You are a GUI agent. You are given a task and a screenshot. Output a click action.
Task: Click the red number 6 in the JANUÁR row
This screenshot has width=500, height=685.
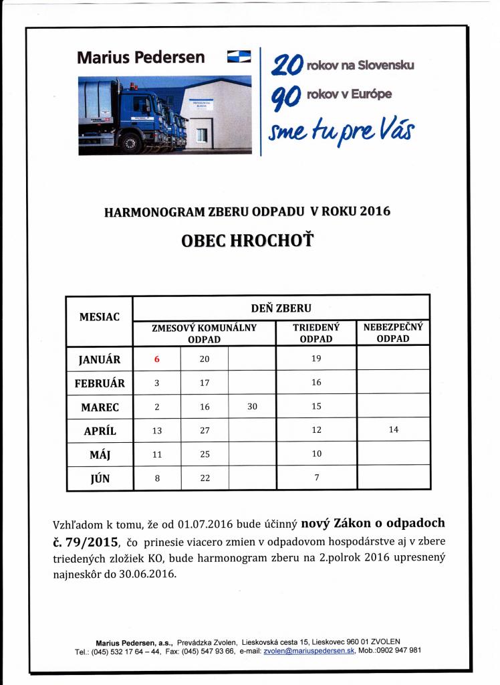157,359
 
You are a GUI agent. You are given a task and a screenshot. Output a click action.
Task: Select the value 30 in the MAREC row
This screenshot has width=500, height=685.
252,406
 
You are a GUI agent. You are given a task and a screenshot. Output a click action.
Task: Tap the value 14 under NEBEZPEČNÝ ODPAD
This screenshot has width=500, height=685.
393,429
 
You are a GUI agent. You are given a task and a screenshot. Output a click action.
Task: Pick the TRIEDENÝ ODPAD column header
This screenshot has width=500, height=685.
316,333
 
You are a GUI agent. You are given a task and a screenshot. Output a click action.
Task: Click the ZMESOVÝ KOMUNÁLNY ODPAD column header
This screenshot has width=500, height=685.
205,333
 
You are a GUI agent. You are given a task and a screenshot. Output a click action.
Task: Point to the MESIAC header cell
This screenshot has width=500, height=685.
100,316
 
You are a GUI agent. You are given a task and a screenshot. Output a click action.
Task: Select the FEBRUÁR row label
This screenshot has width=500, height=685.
100,383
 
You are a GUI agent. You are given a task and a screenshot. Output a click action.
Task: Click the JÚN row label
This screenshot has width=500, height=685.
100,478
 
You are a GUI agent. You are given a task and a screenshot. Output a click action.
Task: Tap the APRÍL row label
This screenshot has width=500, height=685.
100,430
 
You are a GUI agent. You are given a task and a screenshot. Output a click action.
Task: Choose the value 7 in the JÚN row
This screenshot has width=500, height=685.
316,477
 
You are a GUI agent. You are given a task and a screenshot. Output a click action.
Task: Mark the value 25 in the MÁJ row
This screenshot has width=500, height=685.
205,454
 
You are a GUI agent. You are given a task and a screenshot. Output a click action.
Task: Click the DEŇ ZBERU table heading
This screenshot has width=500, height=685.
281,308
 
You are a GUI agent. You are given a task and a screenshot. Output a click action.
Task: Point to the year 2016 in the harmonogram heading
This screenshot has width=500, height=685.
375,211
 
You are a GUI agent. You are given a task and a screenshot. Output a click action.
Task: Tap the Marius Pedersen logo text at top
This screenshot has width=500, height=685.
141,58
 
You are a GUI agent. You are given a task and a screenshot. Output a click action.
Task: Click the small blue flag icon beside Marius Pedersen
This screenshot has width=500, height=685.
239,57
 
